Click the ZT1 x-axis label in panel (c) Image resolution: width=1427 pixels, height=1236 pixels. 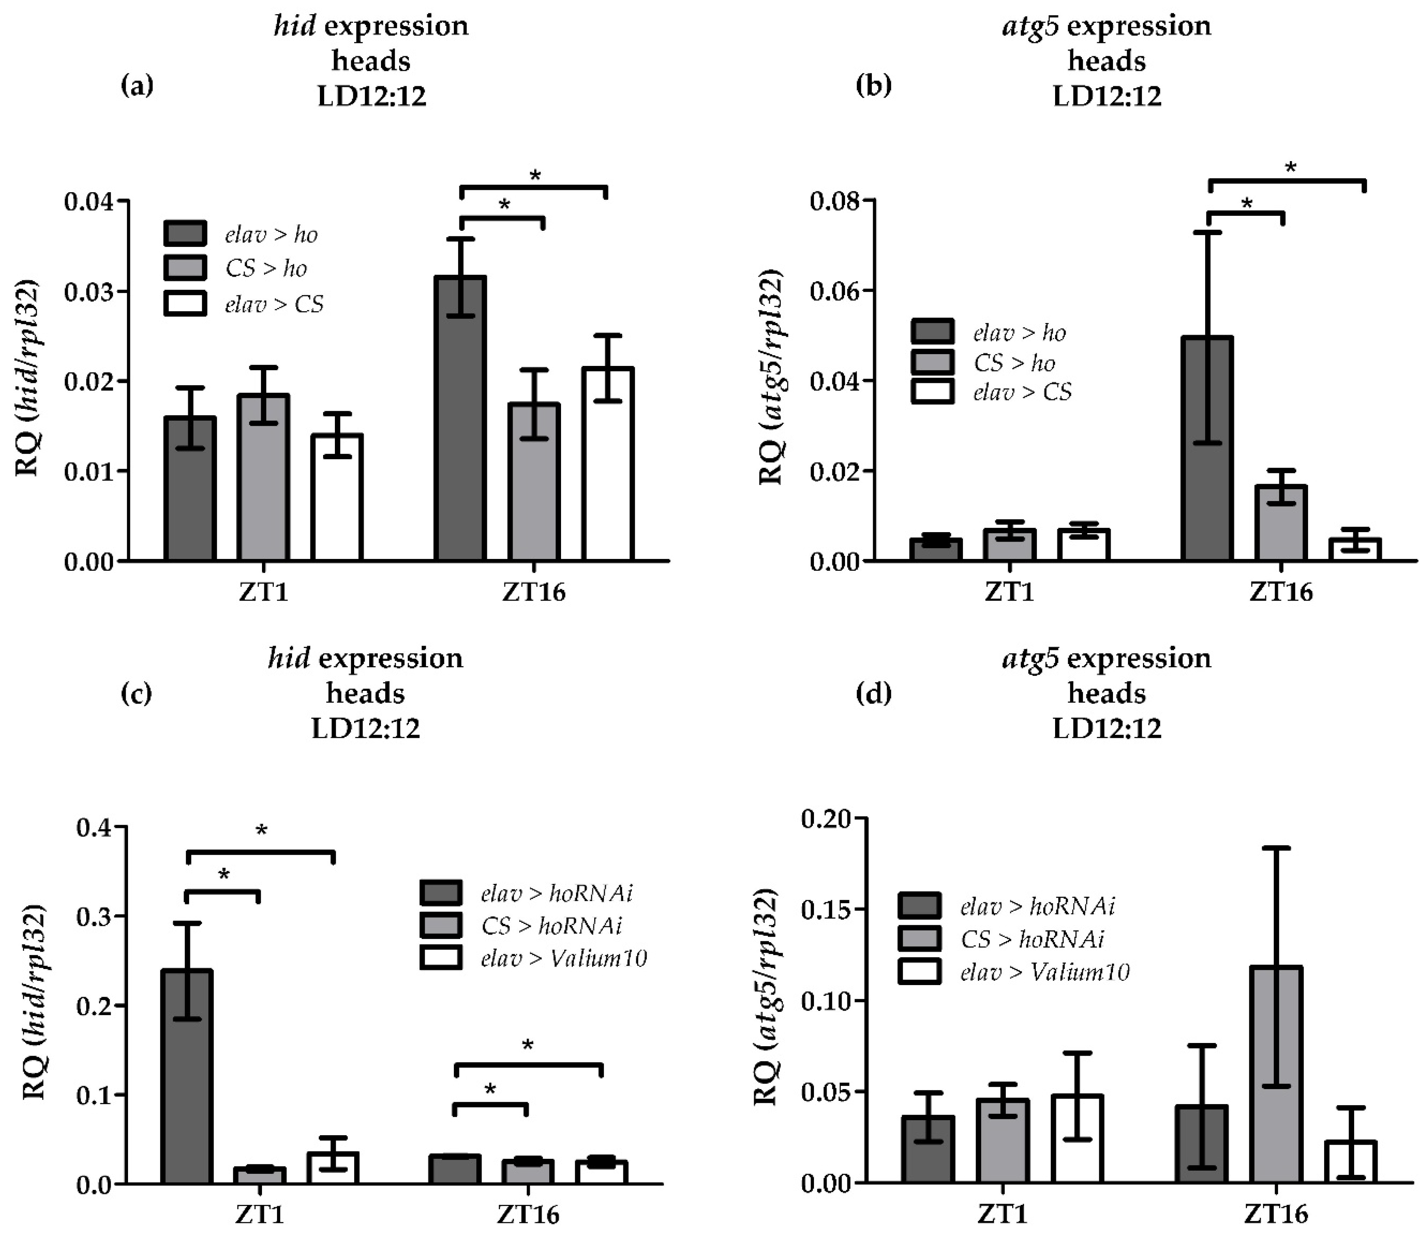[x=260, y=1214]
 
